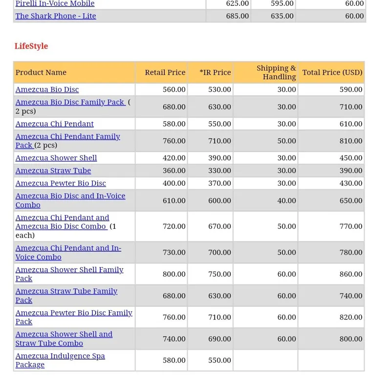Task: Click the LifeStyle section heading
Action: click(x=31, y=46)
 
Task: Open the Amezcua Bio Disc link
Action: click(x=47, y=89)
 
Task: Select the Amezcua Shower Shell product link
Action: click(x=56, y=158)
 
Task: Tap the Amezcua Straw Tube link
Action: click(x=53, y=171)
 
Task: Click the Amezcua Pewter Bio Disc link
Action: click(x=61, y=183)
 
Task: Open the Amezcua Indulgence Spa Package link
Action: click(x=60, y=360)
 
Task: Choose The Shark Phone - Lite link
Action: click(x=56, y=16)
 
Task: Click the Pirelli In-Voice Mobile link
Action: click(x=55, y=4)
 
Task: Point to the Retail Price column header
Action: click(x=165, y=72)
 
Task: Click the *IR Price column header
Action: click(x=215, y=72)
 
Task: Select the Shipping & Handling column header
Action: click(x=276, y=72)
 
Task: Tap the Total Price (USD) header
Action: click(x=332, y=72)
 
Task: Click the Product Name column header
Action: click(x=41, y=72)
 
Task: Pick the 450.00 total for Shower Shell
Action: click(x=351, y=158)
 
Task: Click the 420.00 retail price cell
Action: click(x=174, y=158)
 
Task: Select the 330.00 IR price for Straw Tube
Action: click(x=219, y=171)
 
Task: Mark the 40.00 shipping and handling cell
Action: click(x=286, y=200)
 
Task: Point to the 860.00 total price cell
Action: click(x=351, y=274)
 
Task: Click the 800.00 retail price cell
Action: click(x=174, y=274)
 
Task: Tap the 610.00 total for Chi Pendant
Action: click(x=351, y=124)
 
